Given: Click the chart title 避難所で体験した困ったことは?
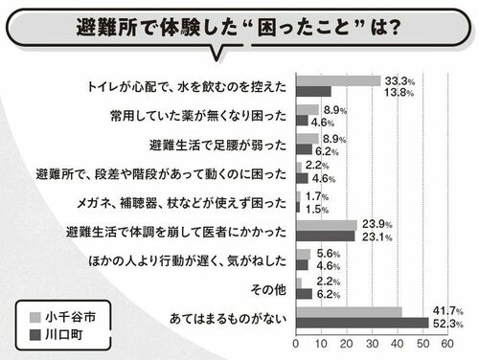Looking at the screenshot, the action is (239, 27).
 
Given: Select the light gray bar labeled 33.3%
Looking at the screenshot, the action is (338, 81).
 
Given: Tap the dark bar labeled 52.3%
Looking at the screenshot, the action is (362, 323).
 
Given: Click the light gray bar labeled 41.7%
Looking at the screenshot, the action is (349, 312).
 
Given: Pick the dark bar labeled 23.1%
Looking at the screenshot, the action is (326, 236).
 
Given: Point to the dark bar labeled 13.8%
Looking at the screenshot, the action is (313, 92).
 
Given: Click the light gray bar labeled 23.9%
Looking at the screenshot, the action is (327, 226).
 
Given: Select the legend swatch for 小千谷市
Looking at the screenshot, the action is (35, 317).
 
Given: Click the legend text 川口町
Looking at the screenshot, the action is (64, 335).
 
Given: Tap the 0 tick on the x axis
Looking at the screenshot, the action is (296, 344).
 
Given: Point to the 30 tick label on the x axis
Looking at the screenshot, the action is (372, 344).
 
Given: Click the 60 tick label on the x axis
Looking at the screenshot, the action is (447, 344).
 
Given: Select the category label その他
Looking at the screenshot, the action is (268, 289).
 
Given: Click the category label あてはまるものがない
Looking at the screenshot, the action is (228, 319).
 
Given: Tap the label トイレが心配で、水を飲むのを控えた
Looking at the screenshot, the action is (187, 87).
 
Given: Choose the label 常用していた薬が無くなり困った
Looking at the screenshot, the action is (198, 116).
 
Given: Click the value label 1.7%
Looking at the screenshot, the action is (317, 196).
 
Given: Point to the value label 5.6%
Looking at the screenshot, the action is (329, 254).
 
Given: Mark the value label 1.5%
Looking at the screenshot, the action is (317, 210).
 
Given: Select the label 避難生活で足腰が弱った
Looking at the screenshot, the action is (217, 146).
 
